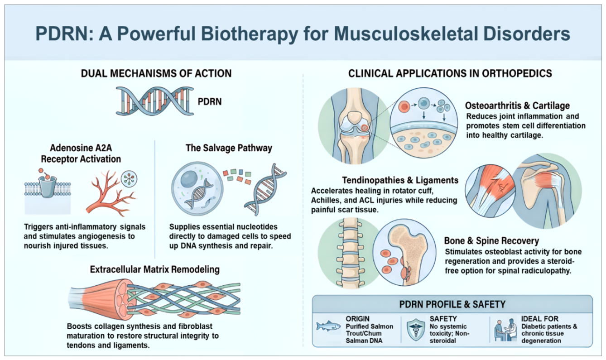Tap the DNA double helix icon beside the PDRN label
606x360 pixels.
tap(155, 101)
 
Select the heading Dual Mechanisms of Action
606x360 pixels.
tap(156, 73)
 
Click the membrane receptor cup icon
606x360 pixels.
tap(48, 186)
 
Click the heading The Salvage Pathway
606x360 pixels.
tap(229, 148)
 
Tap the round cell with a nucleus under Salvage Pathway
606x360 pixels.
tap(197, 188)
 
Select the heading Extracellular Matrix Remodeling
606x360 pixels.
tap(155, 269)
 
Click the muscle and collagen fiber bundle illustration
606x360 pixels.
tap(154, 299)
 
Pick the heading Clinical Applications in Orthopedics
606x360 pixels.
tap(450, 73)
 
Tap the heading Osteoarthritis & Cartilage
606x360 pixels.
tap(517, 106)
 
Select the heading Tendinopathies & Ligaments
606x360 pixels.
tap(400, 180)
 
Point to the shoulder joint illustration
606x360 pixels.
tap(547, 191)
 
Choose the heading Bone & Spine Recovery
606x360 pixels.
tap(491, 241)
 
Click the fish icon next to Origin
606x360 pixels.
tap(328, 326)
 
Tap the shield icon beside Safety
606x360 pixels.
tap(416, 329)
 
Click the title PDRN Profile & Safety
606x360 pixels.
tap(452, 305)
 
